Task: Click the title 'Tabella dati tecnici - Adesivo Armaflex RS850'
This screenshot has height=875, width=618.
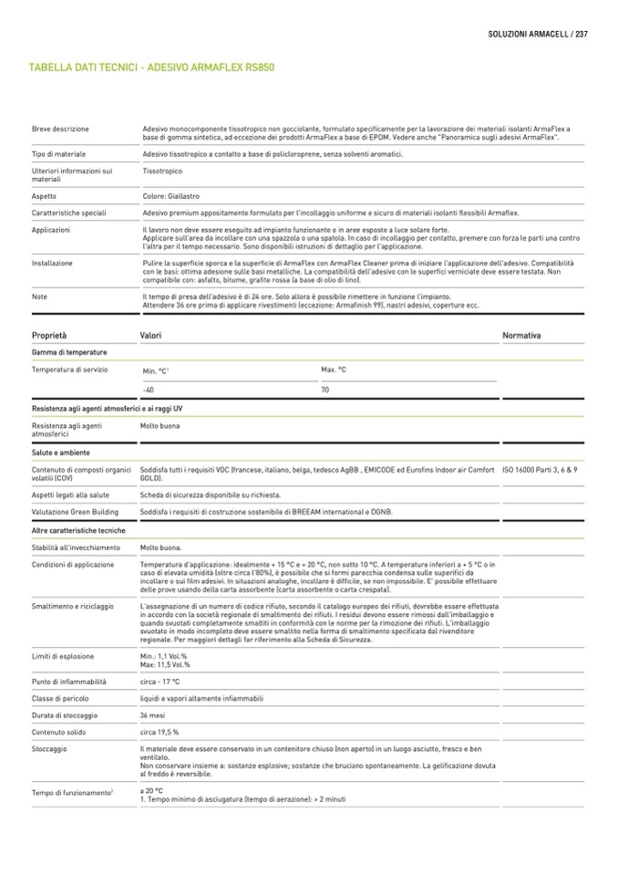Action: [152, 68]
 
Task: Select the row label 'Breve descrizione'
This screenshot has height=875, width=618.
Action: [60, 130]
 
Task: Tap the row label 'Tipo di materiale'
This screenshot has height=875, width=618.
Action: [58, 155]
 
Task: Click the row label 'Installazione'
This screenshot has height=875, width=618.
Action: [52, 263]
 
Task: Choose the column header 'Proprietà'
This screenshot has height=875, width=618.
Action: [49, 336]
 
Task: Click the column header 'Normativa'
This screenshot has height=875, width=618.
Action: [521, 336]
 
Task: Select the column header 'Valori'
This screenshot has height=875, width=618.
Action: [150, 336]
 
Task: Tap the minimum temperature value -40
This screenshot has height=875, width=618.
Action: [149, 391]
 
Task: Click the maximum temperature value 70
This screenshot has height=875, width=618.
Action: [325, 390]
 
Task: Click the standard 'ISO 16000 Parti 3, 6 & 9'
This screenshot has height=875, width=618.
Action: [540, 469]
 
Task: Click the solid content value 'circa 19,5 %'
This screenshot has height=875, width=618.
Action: [160, 732]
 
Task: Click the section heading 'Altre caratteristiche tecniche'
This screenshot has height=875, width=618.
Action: [78, 530]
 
